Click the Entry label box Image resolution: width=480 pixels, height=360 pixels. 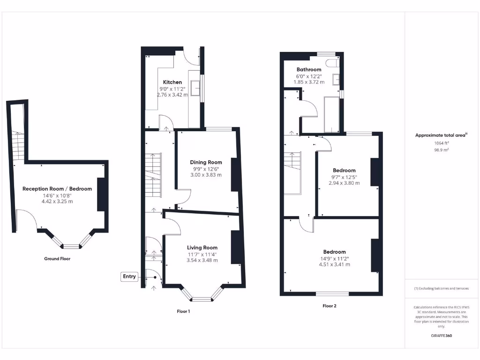coord(129,277)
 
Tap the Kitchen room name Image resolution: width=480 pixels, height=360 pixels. coord(172,82)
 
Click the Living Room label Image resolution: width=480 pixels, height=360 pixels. coord(202,247)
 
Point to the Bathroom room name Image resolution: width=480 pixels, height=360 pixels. coord(309,69)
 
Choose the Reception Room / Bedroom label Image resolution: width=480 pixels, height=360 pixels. coord(57,189)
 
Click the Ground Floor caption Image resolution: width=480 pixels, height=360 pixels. coord(57,259)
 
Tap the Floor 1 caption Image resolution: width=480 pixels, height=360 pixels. coord(183,311)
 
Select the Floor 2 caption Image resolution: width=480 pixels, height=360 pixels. coord(330,306)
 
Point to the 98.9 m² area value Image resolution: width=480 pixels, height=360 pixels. coord(441,150)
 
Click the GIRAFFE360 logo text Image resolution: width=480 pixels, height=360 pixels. coord(441,336)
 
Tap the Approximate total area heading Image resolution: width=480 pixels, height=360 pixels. coord(441,135)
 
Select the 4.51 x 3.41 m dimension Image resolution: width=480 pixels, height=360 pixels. coord(334,264)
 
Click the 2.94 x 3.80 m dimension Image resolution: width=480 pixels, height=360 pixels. coord(344,183)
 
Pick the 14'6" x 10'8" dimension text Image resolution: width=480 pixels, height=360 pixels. coord(57,195)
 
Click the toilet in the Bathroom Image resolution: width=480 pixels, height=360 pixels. coord(334,63)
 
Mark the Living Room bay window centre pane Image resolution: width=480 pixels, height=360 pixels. coord(202,299)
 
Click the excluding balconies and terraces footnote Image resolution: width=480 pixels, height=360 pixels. coord(441,288)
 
